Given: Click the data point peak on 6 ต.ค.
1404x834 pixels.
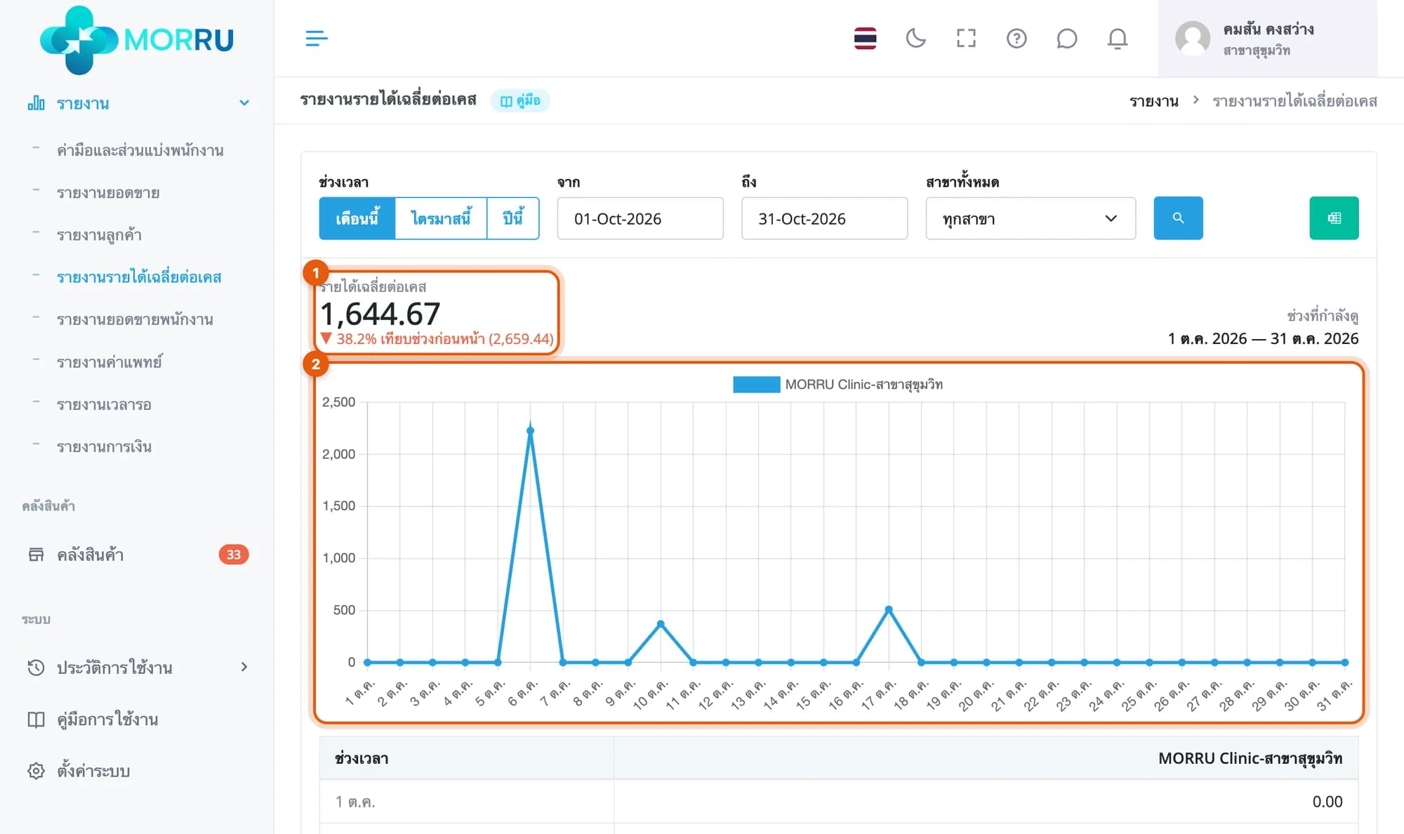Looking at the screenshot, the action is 530,431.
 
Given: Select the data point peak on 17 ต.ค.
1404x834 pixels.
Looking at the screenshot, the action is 889,609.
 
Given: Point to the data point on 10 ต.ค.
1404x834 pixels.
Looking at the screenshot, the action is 661,623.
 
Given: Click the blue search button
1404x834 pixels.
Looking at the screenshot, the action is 1178,218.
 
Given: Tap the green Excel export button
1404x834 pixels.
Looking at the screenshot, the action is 1334,218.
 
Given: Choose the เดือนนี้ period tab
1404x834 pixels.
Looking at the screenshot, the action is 357,218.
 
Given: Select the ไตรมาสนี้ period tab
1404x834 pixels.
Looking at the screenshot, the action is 441,218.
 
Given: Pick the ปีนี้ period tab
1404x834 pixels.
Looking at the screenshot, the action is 513,218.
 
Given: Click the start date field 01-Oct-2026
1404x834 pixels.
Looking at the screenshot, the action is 640,218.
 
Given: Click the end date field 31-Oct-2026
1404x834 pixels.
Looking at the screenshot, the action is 824,218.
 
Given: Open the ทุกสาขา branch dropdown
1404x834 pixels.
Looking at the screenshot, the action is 1031,218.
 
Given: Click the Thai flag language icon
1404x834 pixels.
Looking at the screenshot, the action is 865,38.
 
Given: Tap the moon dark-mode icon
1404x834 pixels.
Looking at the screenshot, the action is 915,38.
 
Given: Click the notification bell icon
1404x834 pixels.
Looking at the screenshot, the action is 1118,39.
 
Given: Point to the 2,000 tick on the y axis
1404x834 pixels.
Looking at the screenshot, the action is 338,454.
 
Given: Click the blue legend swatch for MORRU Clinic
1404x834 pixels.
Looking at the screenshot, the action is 756,385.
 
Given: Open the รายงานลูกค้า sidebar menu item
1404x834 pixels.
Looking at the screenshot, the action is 99,235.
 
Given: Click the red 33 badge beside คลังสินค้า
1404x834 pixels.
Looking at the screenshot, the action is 234,555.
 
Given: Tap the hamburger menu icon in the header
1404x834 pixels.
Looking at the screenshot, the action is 317,39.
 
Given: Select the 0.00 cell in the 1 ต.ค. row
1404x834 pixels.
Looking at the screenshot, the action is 1327,802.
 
